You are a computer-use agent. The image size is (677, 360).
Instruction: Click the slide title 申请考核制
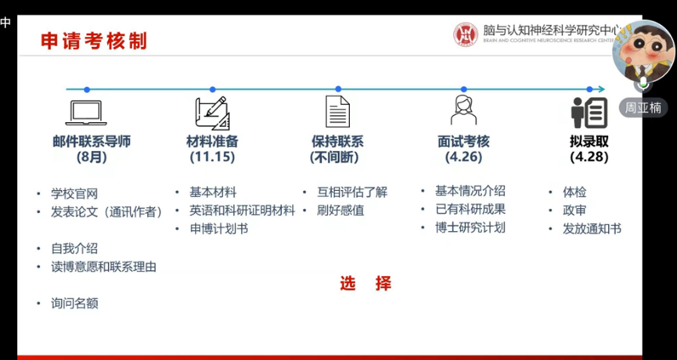[x=94, y=41]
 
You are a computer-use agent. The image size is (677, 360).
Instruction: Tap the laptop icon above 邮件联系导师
[x=86, y=113]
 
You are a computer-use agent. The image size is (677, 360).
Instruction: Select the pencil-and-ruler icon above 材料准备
[x=212, y=113]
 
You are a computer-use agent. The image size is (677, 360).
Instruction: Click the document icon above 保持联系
[x=337, y=111]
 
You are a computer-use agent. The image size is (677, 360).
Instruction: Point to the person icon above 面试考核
[x=463, y=110]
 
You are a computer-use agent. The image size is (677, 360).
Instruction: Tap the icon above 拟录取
[x=589, y=113]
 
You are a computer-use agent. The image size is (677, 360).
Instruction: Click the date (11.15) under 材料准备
[x=212, y=157]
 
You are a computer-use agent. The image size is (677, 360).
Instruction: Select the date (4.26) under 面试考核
[x=463, y=157]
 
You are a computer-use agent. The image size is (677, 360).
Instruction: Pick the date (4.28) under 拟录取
[x=589, y=157]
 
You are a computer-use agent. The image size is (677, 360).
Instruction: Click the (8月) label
[x=92, y=157]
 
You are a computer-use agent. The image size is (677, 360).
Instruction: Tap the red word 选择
[x=366, y=283]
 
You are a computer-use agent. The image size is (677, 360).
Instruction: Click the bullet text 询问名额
[x=74, y=304]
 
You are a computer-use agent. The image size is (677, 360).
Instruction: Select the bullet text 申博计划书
[x=219, y=229]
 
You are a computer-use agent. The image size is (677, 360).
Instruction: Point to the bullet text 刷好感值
[x=340, y=211]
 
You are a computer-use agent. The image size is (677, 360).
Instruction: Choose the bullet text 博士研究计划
[x=470, y=228]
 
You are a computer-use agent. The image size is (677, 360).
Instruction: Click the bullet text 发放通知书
[x=592, y=229]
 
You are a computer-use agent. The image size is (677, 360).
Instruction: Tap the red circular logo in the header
[x=466, y=34]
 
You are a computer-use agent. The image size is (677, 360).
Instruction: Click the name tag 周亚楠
[x=643, y=107]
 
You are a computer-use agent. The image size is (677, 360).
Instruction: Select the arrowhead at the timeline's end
[x=601, y=89]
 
